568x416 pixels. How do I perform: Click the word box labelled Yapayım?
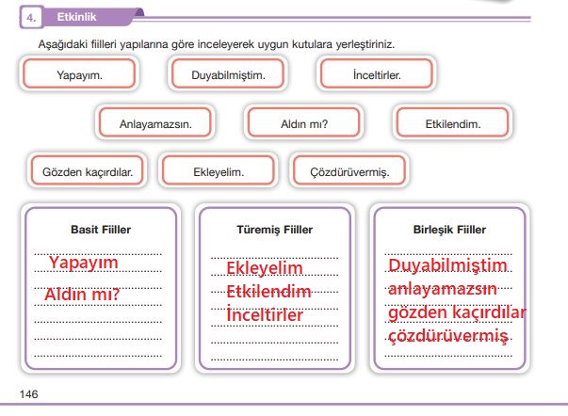pyautogui.click(x=79, y=73)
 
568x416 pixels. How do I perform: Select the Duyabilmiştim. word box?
pyautogui.click(x=228, y=73)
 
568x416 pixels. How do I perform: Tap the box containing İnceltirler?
pyautogui.click(x=377, y=73)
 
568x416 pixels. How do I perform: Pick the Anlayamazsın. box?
pyautogui.click(x=155, y=122)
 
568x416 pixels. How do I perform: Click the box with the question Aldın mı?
pyautogui.click(x=304, y=122)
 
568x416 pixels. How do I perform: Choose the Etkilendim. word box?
pyautogui.click(x=453, y=122)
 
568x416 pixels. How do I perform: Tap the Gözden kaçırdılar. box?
pyautogui.click(x=88, y=170)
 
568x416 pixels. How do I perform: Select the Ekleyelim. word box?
pyautogui.click(x=219, y=170)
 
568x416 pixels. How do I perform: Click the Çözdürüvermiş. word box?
pyautogui.click(x=349, y=170)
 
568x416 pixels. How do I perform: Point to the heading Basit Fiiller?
pyautogui.click(x=101, y=230)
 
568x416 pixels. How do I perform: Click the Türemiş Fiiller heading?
pyautogui.click(x=275, y=230)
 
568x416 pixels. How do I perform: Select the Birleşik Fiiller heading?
pyautogui.click(x=449, y=230)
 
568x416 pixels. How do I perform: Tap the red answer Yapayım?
pyautogui.click(x=84, y=263)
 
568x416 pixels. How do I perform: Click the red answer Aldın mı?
pyautogui.click(x=82, y=294)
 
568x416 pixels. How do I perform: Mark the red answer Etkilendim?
pyautogui.click(x=268, y=292)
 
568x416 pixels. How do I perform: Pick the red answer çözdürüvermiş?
pyautogui.click(x=448, y=336)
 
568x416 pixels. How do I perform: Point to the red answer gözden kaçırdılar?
pyautogui.click(x=457, y=313)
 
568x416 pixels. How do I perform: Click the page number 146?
pyautogui.click(x=28, y=394)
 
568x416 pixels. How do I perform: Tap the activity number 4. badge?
pyautogui.click(x=31, y=17)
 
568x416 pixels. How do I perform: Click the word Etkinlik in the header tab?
pyautogui.click(x=77, y=17)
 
